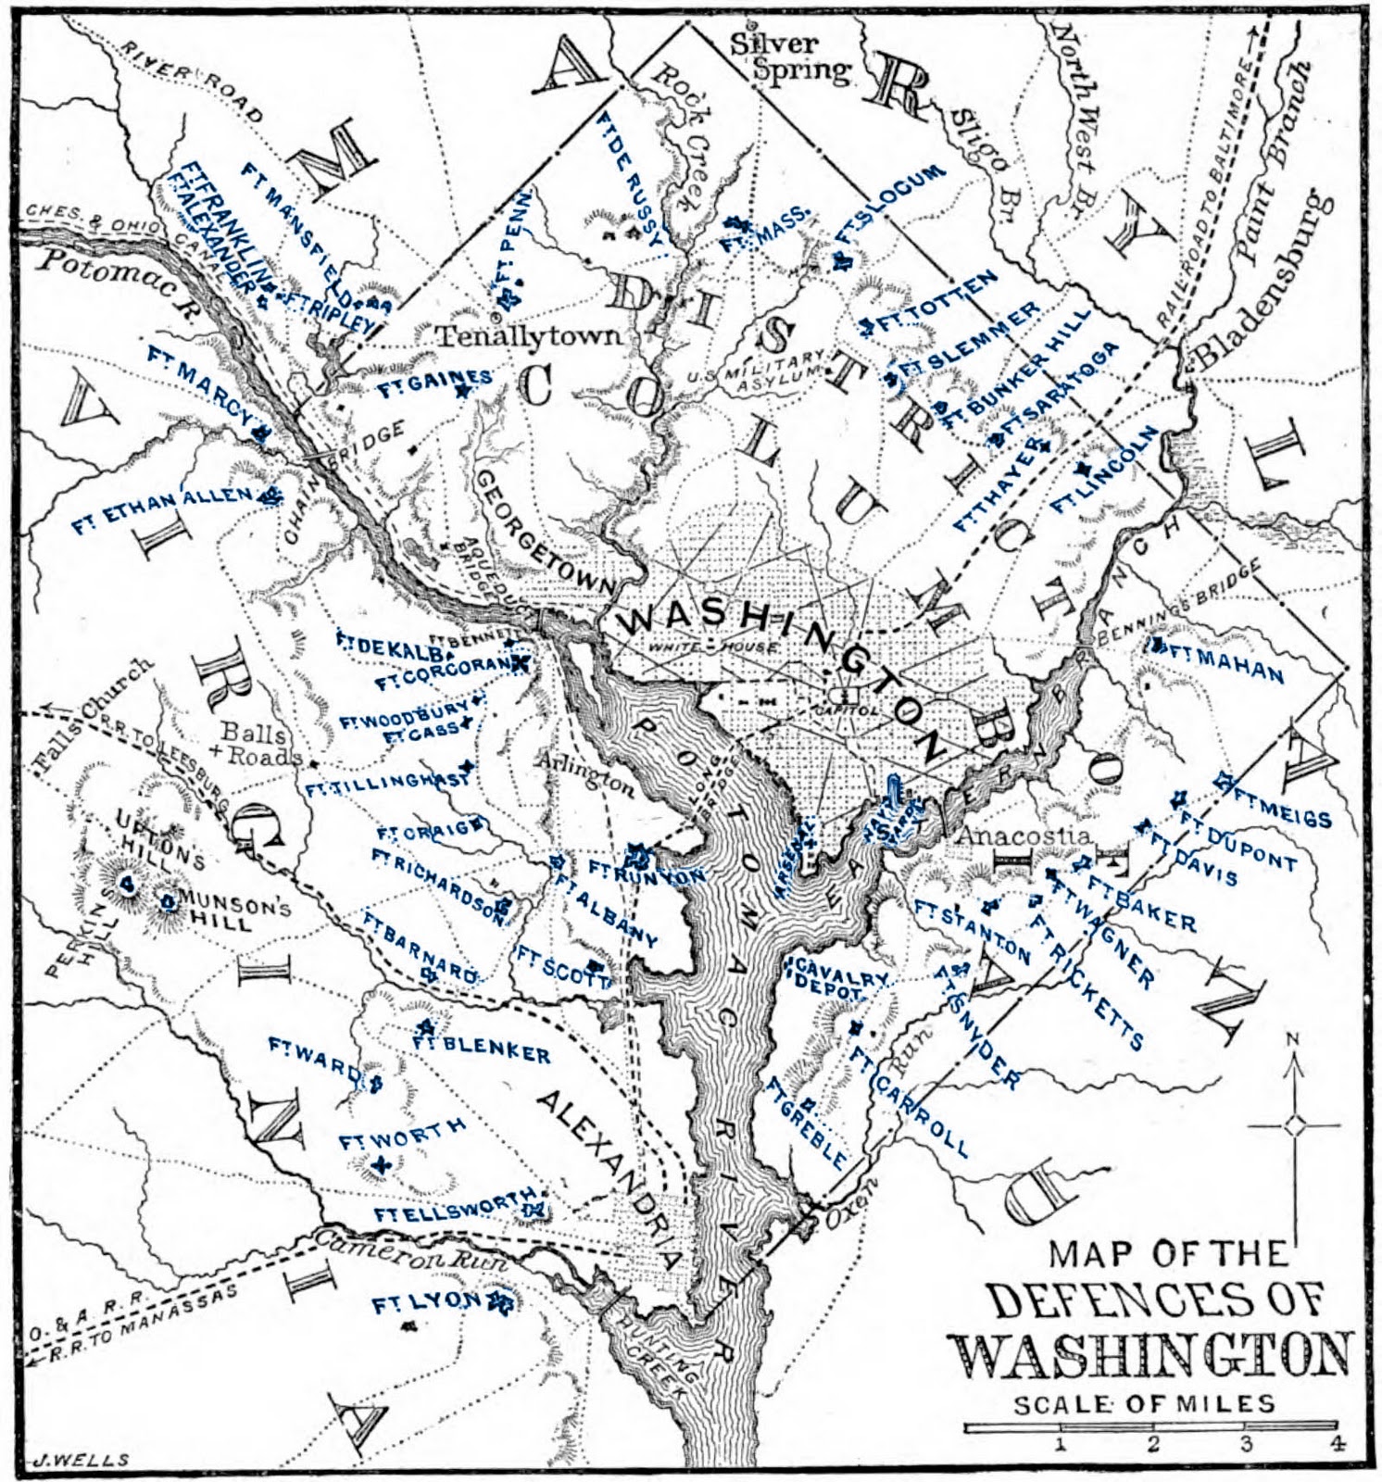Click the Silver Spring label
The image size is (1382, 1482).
point(787,57)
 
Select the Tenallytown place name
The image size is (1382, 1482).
point(529,335)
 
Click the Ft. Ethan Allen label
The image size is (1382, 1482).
point(162,509)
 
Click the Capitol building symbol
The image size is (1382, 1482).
point(845,693)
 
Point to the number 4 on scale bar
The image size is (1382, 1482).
point(1335,1443)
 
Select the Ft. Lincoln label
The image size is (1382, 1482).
point(1104,471)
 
